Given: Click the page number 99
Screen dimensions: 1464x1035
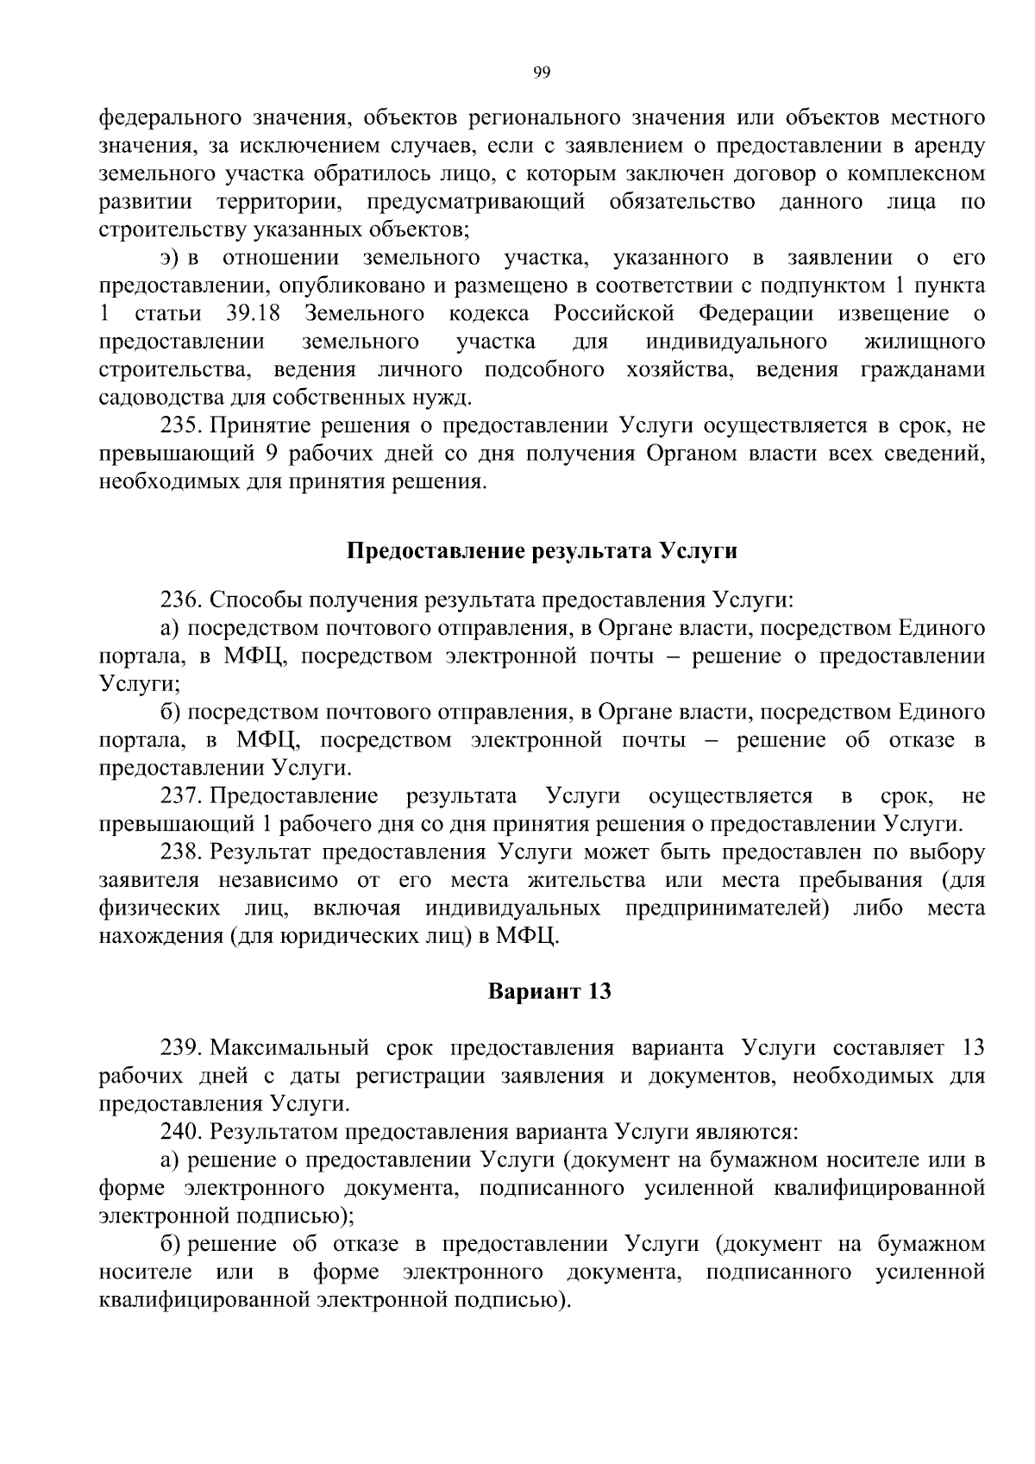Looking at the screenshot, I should pyautogui.click(x=542, y=72).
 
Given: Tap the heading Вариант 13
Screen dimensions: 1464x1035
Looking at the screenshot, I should pyautogui.click(x=549, y=991).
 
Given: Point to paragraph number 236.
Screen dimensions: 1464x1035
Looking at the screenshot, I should pyautogui.click(x=181, y=600).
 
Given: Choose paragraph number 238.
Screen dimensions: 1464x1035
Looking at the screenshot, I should pyautogui.click(x=181, y=852).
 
